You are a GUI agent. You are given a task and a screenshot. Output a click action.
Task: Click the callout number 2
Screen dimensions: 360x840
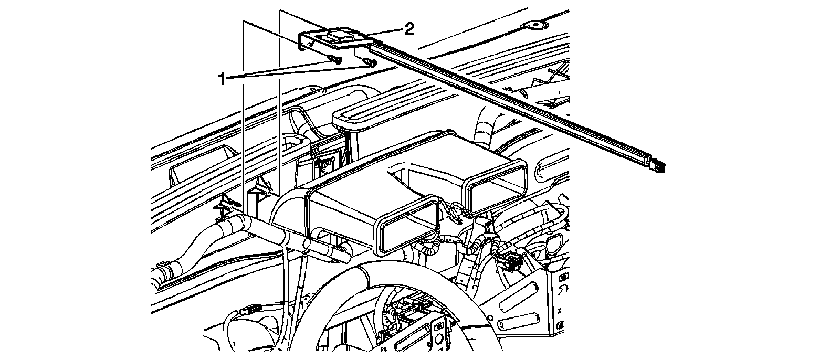(409, 28)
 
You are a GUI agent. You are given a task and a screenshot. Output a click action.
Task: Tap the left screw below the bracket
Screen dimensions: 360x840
(333, 59)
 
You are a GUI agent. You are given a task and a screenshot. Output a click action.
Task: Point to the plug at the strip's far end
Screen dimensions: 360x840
(658, 165)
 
